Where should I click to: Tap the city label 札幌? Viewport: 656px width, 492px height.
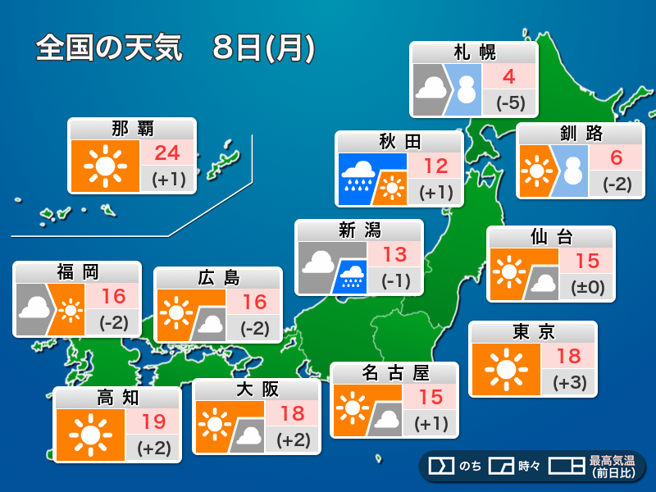474,53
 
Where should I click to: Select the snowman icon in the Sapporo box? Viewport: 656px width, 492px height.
467,89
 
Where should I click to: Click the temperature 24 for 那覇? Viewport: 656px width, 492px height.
167,153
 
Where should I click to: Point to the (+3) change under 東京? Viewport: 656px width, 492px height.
568,382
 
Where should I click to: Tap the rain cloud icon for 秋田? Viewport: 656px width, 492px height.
359,175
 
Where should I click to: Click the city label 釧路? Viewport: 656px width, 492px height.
579,134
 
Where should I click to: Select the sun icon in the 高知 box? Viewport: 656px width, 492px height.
89,435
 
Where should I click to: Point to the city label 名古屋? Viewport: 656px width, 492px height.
394,373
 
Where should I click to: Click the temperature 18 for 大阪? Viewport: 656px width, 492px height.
292,413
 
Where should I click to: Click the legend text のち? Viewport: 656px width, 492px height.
470,467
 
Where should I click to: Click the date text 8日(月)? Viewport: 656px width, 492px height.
262,48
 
